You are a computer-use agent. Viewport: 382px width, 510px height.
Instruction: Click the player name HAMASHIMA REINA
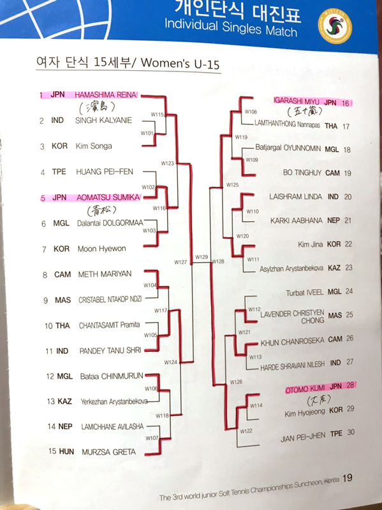click(x=106, y=95)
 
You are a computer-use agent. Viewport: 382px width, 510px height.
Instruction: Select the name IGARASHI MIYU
click(x=297, y=101)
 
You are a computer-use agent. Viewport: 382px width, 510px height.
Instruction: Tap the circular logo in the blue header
click(x=335, y=26)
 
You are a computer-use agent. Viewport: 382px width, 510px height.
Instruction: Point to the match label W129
click(x=202, y=257)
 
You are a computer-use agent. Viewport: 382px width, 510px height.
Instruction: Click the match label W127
click(x=180, y=262)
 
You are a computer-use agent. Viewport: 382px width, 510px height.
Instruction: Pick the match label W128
click(x=218, y=261)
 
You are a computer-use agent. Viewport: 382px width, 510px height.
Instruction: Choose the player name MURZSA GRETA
click(x=108, y=452)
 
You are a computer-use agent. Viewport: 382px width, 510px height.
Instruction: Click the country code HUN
click(x=66, y=451)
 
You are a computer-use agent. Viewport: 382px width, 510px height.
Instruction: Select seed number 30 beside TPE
click(x=351, y=432)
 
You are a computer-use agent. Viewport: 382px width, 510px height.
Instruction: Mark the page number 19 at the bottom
click(x=347, y=477)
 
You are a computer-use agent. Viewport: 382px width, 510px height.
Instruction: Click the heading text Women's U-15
click(x=180, y=62)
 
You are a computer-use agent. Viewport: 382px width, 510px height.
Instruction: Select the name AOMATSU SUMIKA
click(x=108, y=198)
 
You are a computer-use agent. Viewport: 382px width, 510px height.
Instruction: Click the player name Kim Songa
click(x=94, y=146)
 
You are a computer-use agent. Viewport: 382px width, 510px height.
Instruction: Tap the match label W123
click(x=168, y=163)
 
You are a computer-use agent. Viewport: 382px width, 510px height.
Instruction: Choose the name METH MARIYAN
click(x=105, y=274)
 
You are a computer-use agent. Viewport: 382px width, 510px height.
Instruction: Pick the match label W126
click(x=236, y=382)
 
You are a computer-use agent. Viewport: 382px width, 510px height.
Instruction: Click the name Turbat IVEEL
click(x=305, y=293)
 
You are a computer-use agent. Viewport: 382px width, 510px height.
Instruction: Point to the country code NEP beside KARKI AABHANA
click(x=334, y=221)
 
